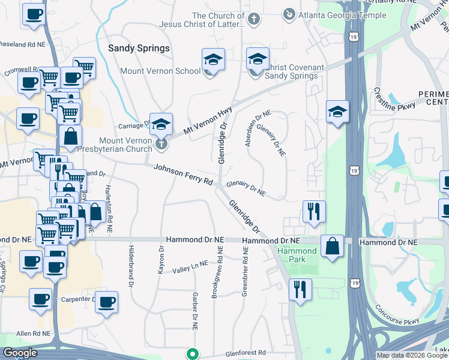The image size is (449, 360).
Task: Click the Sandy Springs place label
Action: click(x=139, y=47)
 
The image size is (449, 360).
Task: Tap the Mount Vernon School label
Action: click(x=160, y=71)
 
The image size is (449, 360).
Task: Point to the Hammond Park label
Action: click(x=297, y=254)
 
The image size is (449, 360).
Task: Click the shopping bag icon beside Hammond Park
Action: click(x=332, y=246)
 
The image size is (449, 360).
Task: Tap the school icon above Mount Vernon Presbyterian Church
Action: click(x=161, y=124)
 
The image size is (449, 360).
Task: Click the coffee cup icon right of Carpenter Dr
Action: click(x=106, y=302)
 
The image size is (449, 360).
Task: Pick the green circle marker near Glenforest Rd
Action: click(x=192, y=353)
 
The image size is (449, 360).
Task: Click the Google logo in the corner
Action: click(x=20, y=353)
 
